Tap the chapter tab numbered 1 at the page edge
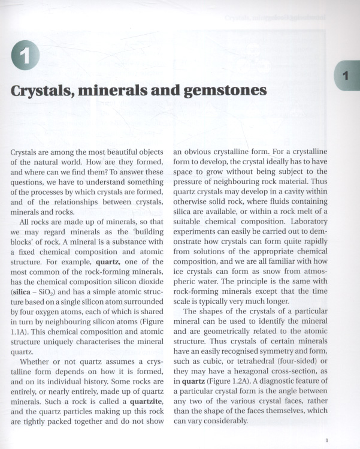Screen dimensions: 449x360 347,76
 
